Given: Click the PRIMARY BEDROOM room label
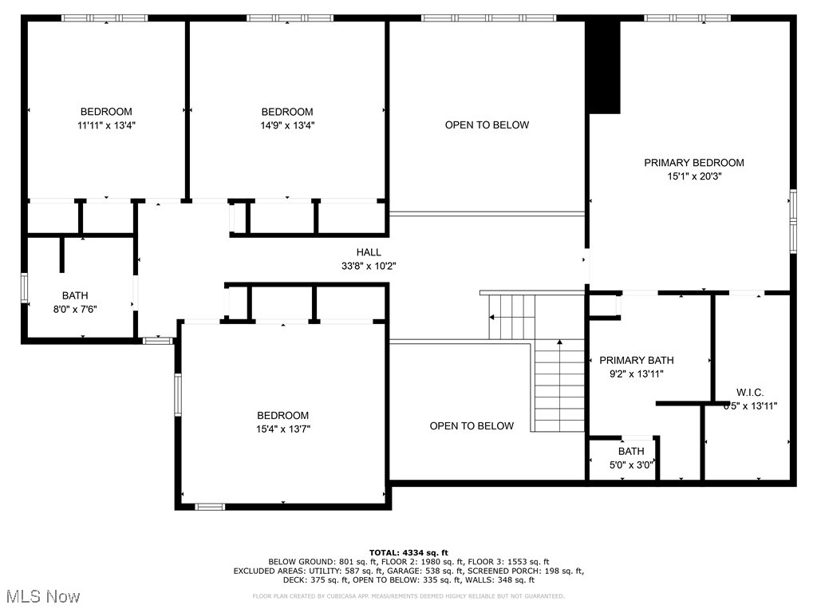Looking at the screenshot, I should point(693,163).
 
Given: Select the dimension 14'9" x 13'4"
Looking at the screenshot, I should point(287,125).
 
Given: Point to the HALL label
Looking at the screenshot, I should point(369,252).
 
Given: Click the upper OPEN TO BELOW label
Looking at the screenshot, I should point(487,125).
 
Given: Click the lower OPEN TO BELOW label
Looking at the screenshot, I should point(472,426).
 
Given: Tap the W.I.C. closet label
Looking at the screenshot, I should point(749,392).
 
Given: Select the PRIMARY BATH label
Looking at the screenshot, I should point(631,360).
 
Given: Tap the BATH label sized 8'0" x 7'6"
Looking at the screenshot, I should point(75,296).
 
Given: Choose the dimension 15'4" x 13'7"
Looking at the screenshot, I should point(282,429).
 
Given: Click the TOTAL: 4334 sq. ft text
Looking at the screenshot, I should point(408,552).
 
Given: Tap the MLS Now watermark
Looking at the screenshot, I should point(42,596).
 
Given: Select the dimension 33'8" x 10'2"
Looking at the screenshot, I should point(369,267).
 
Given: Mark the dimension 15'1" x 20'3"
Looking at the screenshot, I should point(693,177).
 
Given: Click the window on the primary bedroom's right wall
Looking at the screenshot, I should point(793,221).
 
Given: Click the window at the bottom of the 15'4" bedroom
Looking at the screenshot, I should point(210,506).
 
